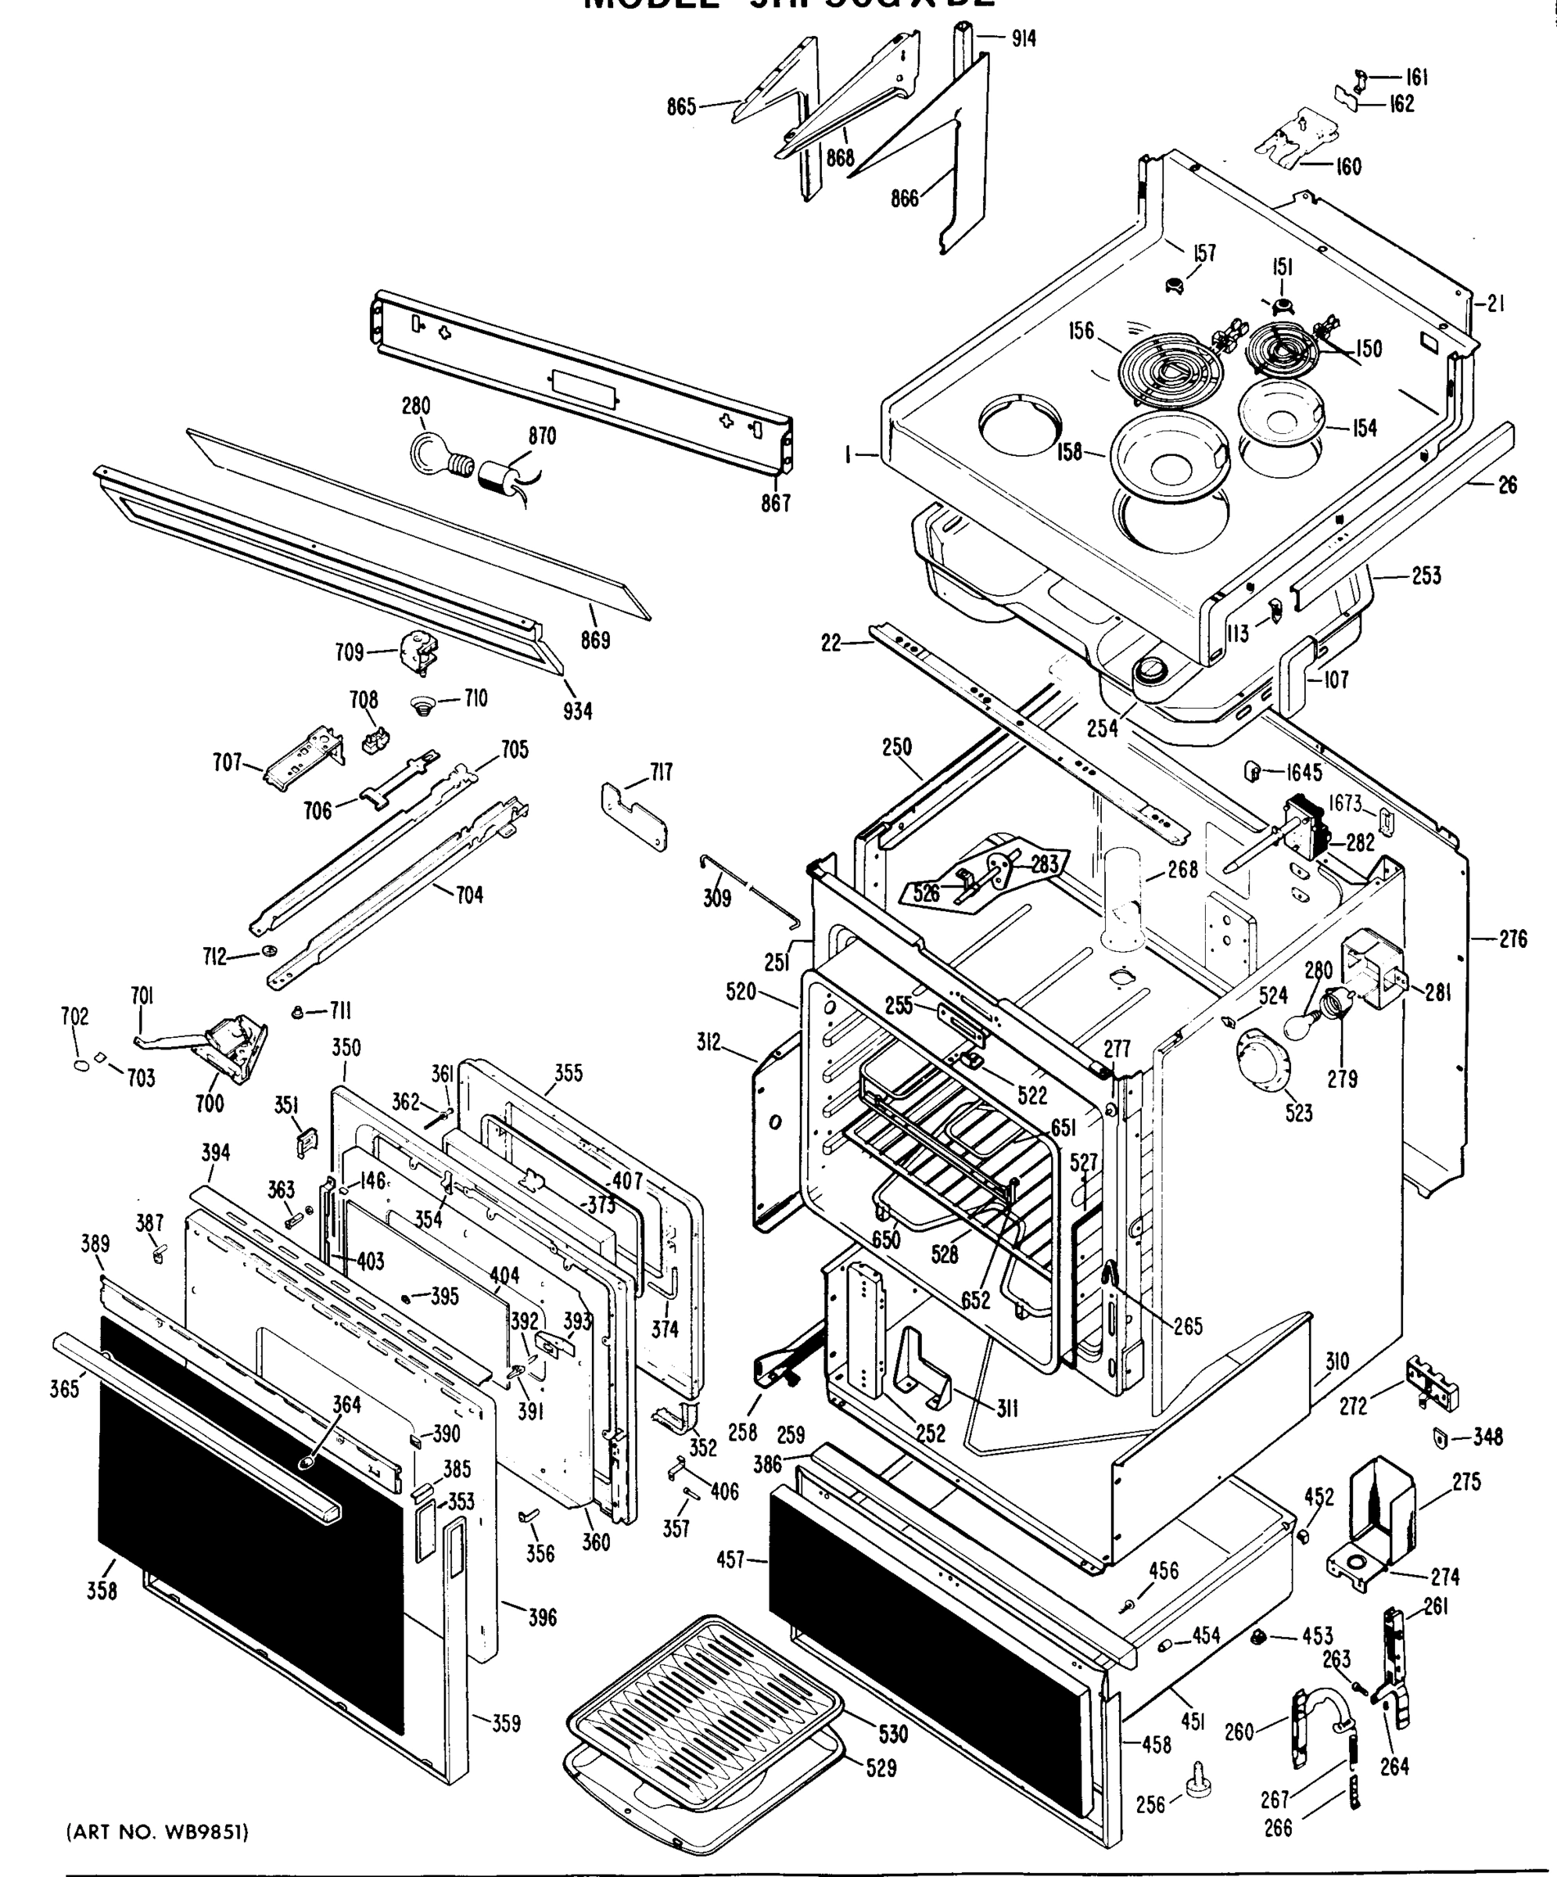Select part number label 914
point(1024,38)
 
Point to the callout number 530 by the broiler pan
point(893,1734)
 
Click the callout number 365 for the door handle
point(64,1389)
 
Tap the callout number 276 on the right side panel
point(1512,938)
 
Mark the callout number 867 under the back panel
point(776,503)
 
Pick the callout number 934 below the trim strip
point(577,712)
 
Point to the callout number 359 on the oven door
point(506,1722)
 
